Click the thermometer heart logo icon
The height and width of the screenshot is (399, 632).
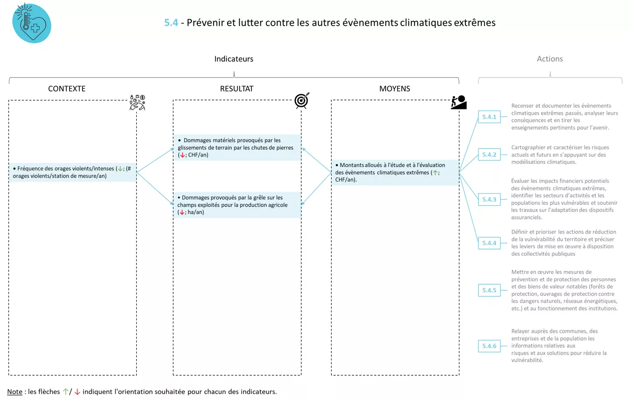31,23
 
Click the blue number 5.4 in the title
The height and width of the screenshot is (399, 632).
171,22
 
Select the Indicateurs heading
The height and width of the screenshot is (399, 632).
234,59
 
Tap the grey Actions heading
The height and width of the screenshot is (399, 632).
549,59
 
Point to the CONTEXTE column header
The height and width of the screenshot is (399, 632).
67,89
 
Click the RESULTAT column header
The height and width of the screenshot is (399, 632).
236,89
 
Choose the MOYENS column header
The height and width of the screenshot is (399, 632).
395,89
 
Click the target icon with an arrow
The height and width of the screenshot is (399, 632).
302,101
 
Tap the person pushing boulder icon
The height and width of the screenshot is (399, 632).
458,102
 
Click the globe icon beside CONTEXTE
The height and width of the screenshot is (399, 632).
137,103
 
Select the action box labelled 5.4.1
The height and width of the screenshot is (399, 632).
489,117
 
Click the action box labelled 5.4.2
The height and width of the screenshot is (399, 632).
489,154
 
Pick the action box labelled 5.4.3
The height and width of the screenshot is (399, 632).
489,200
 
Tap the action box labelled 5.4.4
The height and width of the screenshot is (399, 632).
489,243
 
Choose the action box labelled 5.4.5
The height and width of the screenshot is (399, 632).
489,290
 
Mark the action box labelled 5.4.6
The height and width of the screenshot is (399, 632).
489,346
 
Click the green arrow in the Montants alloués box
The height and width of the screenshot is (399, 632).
435,173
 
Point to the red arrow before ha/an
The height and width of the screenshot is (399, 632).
181,212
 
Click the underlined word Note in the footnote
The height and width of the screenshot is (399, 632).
14,392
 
